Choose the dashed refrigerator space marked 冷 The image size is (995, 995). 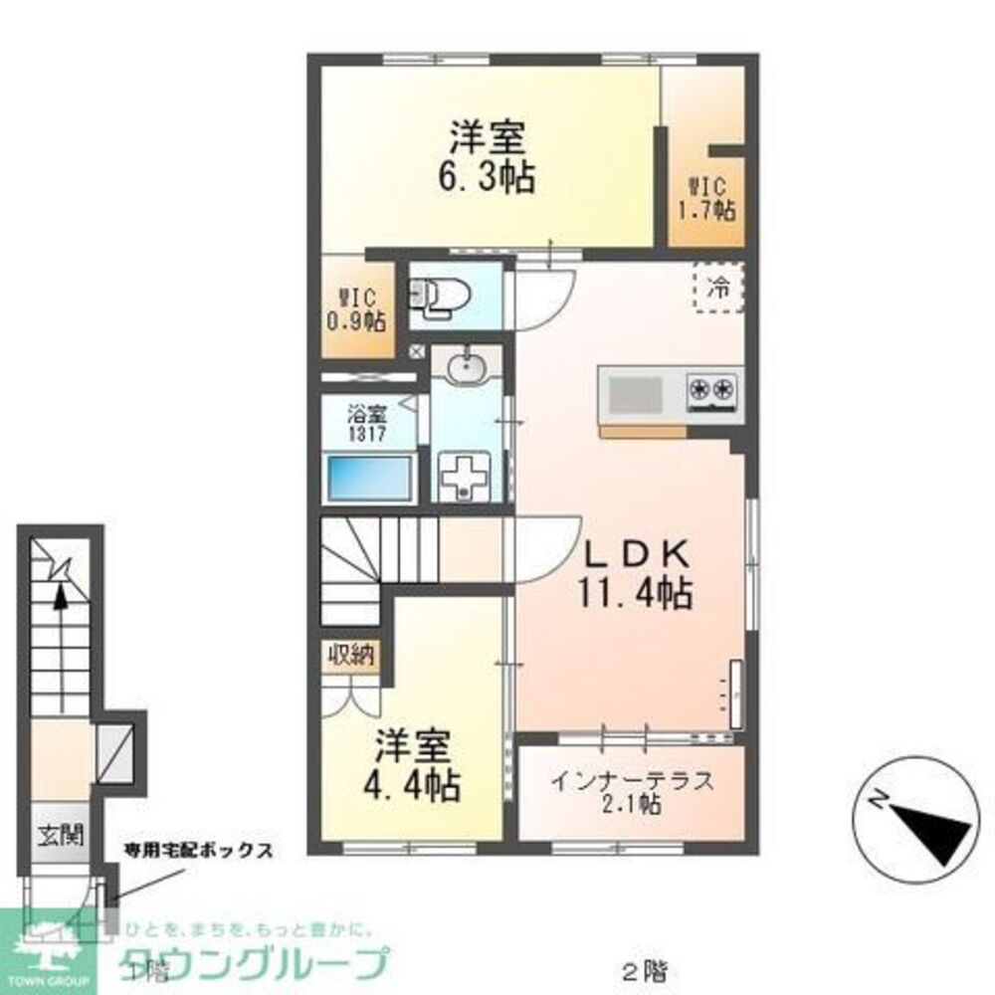pos(717,289)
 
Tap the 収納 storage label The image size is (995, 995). pos(349,655)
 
